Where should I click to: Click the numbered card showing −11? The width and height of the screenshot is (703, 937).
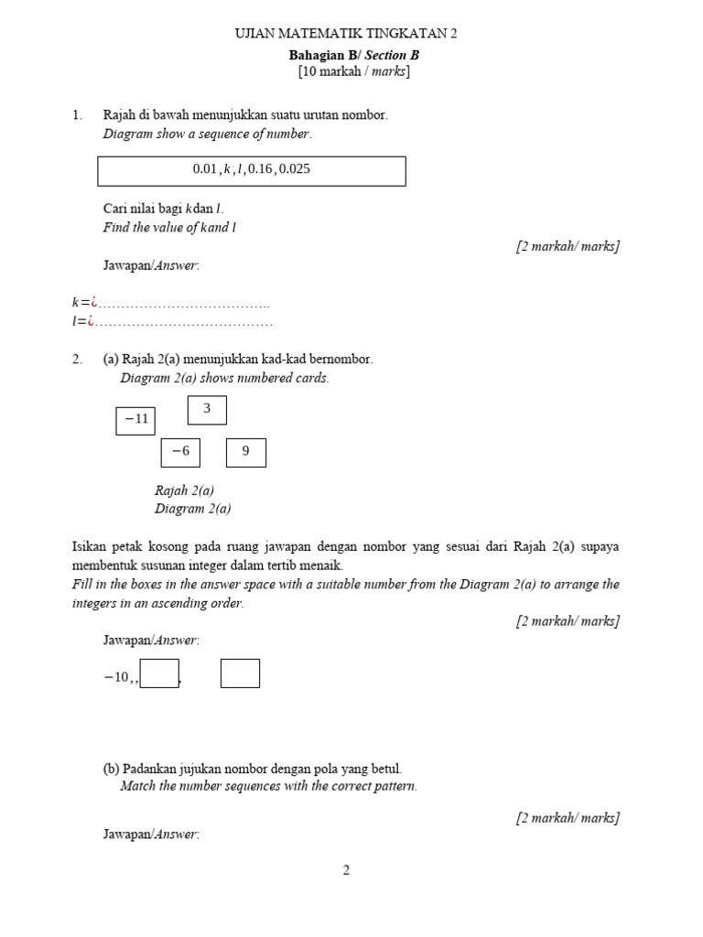pyautogui.click(x=135, y=420)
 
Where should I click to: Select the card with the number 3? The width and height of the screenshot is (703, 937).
pyautogui.click(x=207, y=410)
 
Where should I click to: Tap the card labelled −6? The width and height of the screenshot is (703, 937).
pyautogui.click(x=180, y=452)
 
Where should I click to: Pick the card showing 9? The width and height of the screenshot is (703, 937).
pyautogui.click(x=246, y=452)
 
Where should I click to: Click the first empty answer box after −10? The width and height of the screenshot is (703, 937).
pyautogui.click(x=159, y=673)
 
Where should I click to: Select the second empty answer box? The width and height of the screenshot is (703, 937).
pyautogui.click(x=240, y=673)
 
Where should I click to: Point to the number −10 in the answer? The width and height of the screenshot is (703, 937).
pyautogui.click(x=117, y=677)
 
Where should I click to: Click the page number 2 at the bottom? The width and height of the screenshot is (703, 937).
pyautogui.click(x=346, y=870)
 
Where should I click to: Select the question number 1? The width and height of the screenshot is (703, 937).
pyautogui.click(x=76, y=115)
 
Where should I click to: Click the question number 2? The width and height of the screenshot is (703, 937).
pyautogui.click(x=76, y=360)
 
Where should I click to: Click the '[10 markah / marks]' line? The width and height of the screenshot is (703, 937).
pyautogui.click(x=353, y=71)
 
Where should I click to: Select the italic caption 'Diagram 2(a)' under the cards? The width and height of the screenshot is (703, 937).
pyautogui.click(x=193, y=509)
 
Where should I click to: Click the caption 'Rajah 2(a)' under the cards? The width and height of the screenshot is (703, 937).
pyautogui.click(x=185, y=490)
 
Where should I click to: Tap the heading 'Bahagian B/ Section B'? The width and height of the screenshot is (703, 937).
pyautogui.click(x=353, y=55)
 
